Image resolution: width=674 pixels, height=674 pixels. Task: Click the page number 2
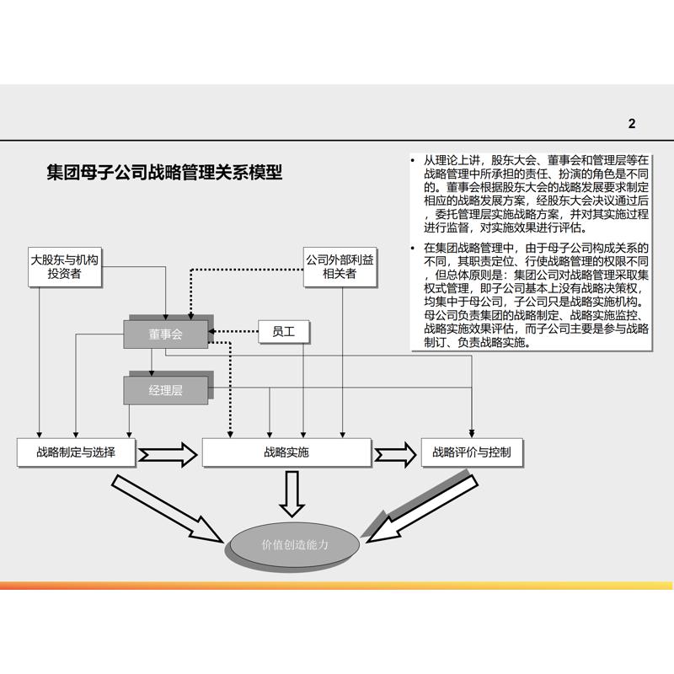tap(632, 124)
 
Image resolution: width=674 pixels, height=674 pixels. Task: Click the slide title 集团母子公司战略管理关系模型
tap(164, 174)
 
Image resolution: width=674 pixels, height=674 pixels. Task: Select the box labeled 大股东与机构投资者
tap(64, 266)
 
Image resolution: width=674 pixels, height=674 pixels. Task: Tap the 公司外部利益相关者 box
tap(340, 266)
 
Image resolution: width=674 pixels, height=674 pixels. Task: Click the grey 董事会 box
tap(166, 334)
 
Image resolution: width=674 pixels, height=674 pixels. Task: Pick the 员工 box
tap(283, 332)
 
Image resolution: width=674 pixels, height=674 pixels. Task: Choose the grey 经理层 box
tap(166, 390)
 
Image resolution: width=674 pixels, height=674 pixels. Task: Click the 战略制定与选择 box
tap(76, 452)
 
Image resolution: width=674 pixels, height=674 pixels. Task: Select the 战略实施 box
tap(286, 452)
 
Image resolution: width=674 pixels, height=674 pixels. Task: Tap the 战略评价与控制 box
tap(466, 452)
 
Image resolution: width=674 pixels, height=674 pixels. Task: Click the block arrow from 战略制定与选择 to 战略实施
tap(169, 454)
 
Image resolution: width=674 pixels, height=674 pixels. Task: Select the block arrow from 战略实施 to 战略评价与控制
tap(396, 454)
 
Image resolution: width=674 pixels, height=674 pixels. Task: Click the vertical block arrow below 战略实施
tap(292, 493)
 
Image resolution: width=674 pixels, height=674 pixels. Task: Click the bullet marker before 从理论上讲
tap(413, 160)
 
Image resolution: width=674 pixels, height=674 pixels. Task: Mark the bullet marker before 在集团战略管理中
tap(413, 248)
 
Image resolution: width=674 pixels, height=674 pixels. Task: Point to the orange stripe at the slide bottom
tap(337, 586)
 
